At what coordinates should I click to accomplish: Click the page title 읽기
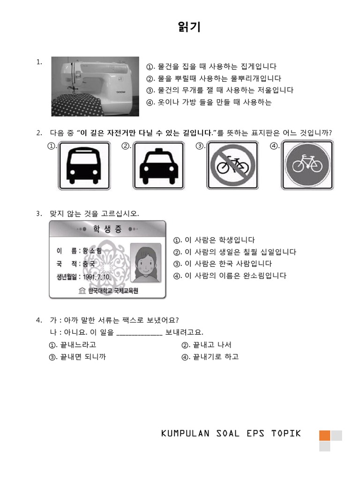[x=189, y=28]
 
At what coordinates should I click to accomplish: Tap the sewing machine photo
[x=95, y=86]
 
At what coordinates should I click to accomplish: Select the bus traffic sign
[x=84, y=166]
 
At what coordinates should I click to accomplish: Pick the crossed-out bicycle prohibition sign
[x=233, y=166]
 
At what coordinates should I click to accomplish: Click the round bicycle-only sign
[x=307, y=166]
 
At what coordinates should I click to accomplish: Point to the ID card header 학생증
[x=107, y=229]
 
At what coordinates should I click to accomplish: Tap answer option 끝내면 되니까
[x=82, y=357]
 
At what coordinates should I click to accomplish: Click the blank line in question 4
[x=139, y=333]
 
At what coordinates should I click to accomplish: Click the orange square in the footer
[x=325, y=435]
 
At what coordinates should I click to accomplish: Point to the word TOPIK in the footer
[x=285, y=433]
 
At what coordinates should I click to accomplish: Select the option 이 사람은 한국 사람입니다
[x=227, y=263]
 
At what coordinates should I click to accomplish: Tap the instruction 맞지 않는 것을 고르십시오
[x=95, y=214]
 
